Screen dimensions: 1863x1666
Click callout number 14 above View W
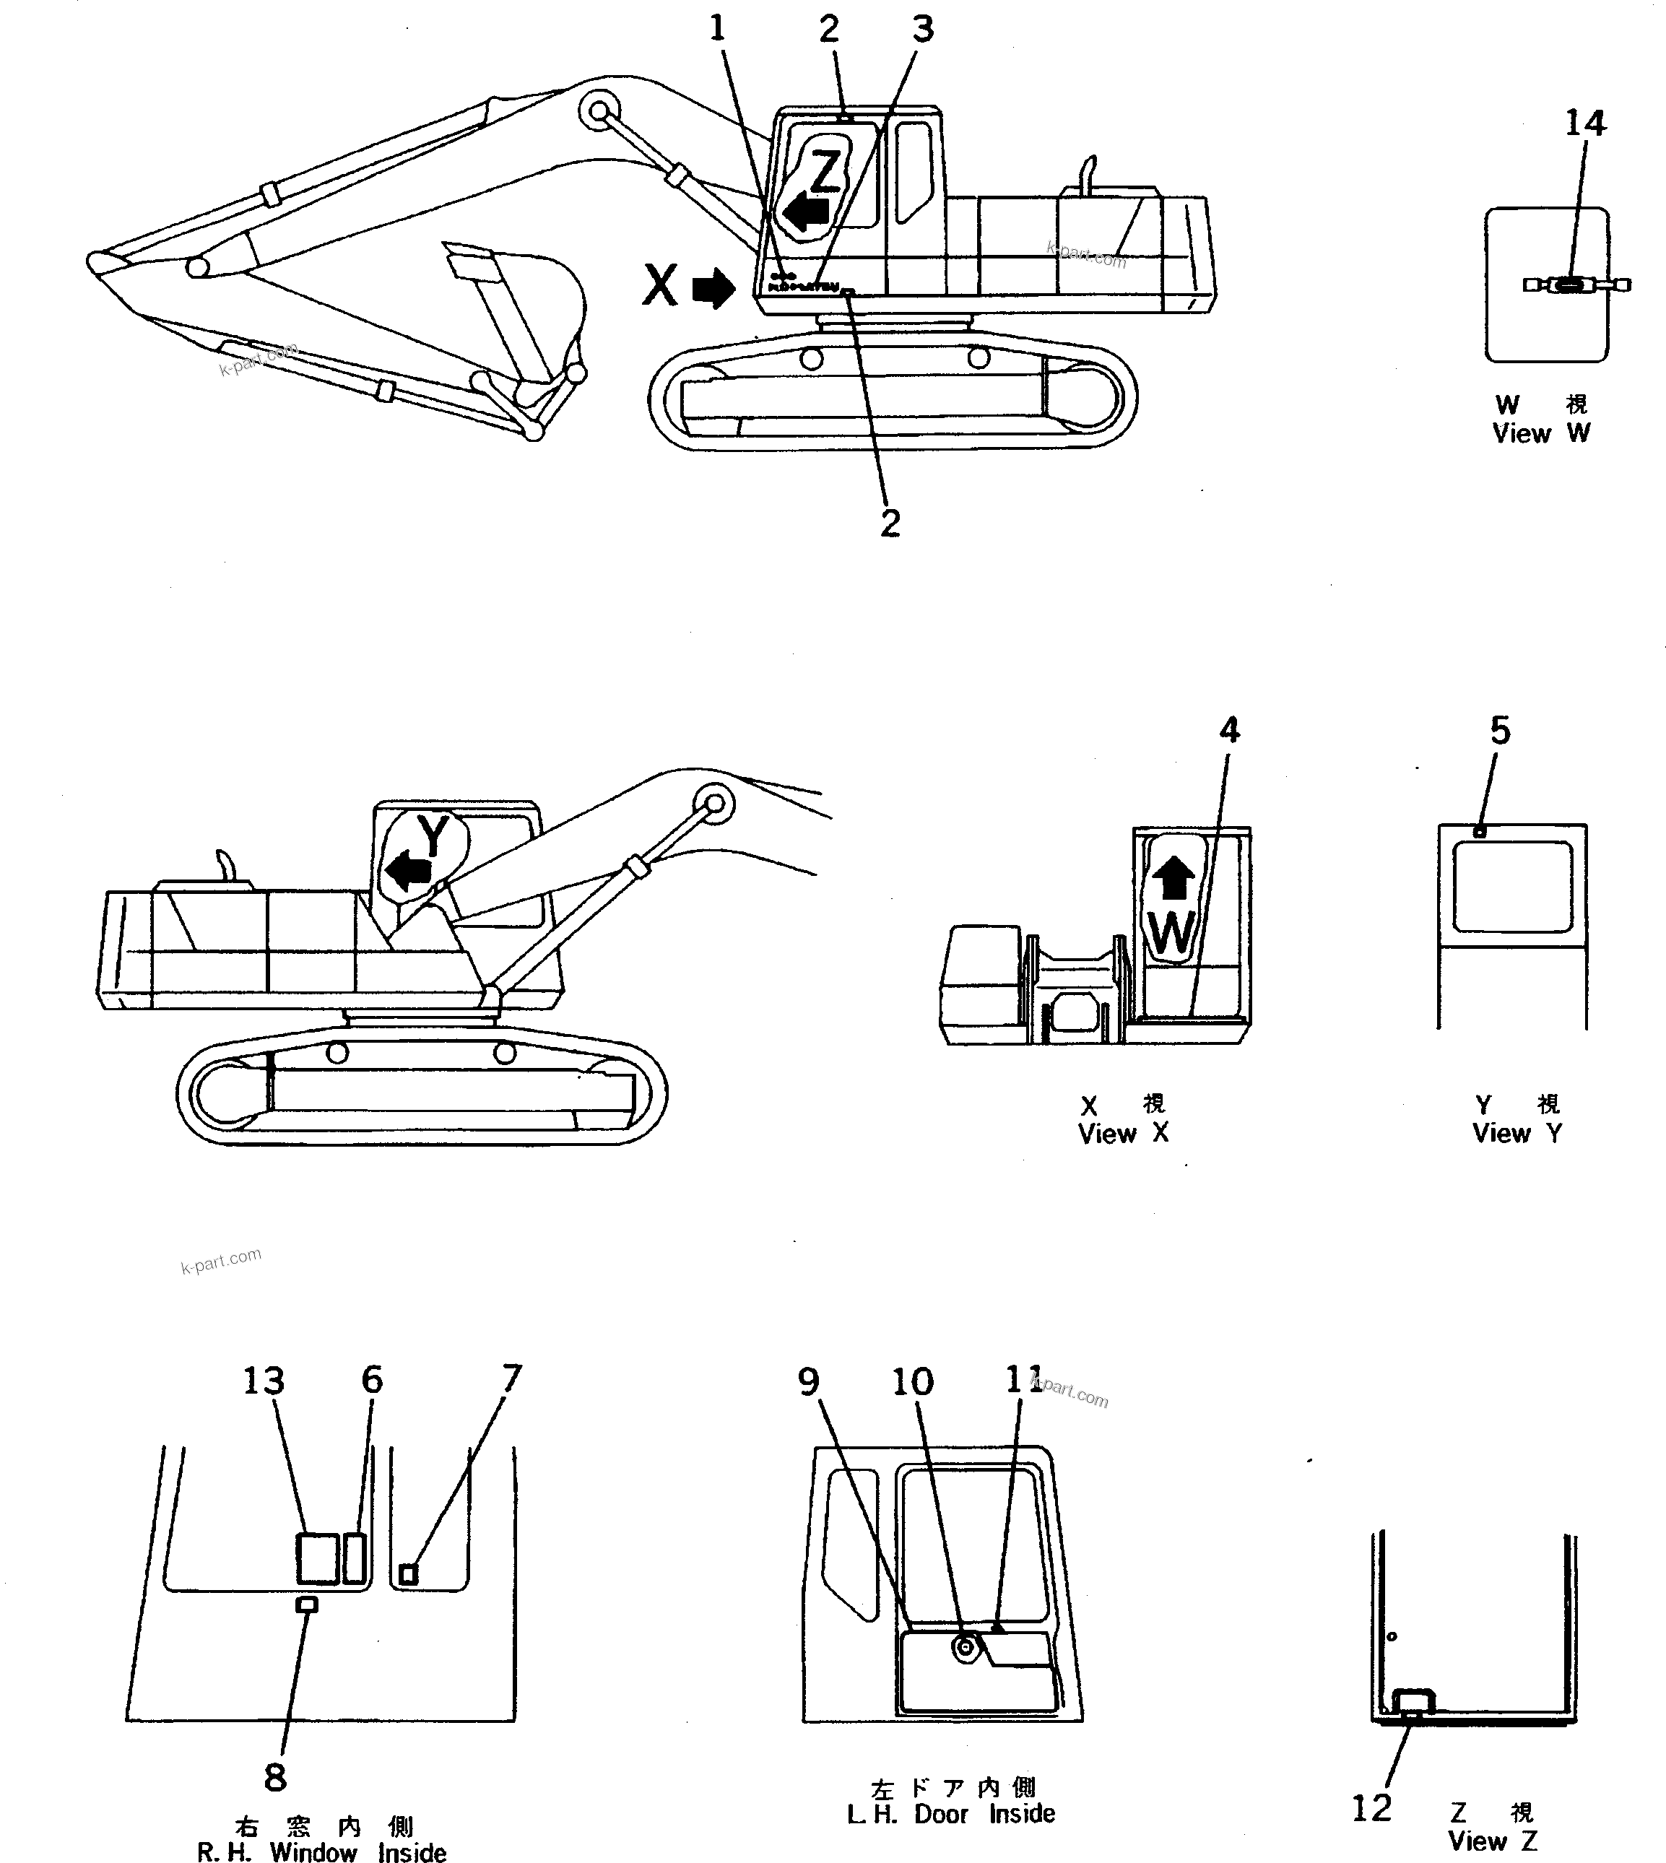[1584, 123]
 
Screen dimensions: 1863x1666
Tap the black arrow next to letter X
[713, 287]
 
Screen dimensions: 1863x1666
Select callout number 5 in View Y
[1499, 731]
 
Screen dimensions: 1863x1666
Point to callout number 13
[263, 1381]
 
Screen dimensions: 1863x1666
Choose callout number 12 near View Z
[1371, 1808]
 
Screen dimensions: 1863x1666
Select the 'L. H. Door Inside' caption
[950, 1814]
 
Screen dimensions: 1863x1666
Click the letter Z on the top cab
[825, 171]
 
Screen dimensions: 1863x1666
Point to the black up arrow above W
[1173, 880]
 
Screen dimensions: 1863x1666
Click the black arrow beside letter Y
[407, 871]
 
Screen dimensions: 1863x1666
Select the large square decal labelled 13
[317, 1558]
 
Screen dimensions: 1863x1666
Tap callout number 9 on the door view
[807, 1381]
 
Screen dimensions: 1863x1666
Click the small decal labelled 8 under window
[308, 1604]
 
